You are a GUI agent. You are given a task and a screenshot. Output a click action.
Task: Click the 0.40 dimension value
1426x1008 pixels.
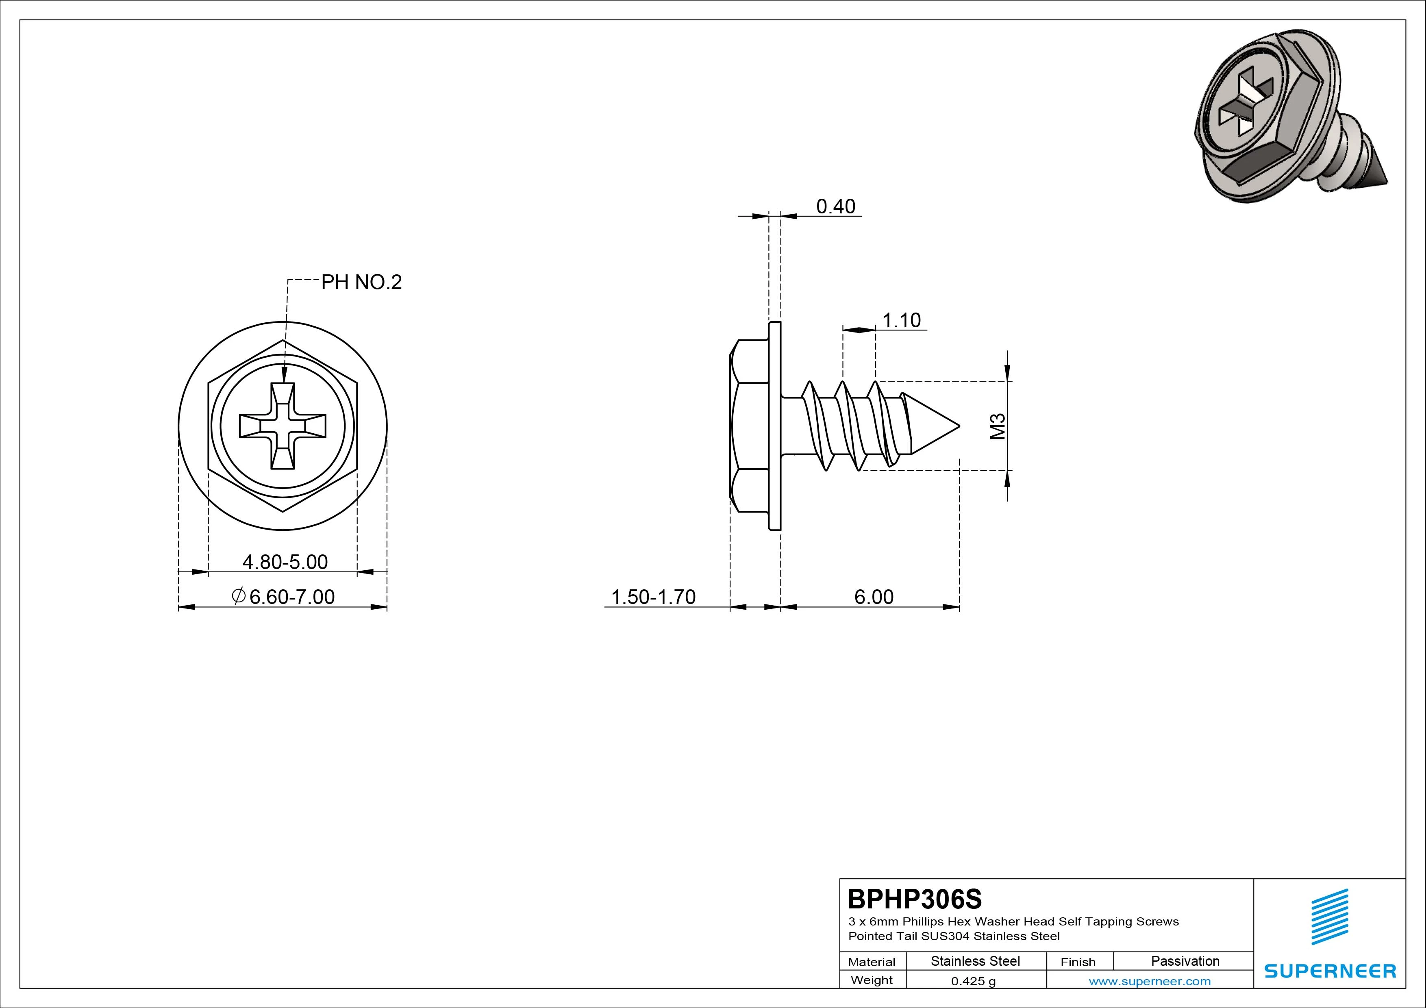(x=835, y=206)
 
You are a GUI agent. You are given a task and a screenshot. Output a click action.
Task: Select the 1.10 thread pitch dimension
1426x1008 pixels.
(x=901, y=320)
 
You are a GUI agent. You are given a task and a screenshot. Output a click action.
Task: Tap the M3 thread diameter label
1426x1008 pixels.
(x=998, y=426)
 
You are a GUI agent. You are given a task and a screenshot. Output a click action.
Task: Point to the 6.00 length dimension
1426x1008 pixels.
(x=874, y=597)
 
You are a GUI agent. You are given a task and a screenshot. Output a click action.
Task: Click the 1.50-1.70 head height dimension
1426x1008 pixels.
(x=653, y=597)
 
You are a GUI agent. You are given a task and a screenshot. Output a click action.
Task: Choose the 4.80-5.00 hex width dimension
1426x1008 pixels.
(x=285, y=562)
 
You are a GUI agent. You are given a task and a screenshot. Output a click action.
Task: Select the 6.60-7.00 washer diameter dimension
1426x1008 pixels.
(x=283, y=597)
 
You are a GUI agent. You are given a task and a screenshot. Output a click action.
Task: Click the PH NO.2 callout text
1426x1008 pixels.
(x=361, y=282)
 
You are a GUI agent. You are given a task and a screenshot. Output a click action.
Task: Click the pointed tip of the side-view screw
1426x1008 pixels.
(x=960, y=426)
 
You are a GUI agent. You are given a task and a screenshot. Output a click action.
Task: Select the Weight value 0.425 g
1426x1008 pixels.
(x=973, y=981)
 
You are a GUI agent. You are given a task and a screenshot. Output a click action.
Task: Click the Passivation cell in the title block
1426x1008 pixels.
(x=1185, y=961)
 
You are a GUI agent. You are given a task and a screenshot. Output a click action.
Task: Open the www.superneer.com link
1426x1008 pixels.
(x=1150, y=981)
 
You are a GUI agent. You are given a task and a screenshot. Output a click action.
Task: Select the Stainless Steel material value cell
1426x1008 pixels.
(x=976, y=961)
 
